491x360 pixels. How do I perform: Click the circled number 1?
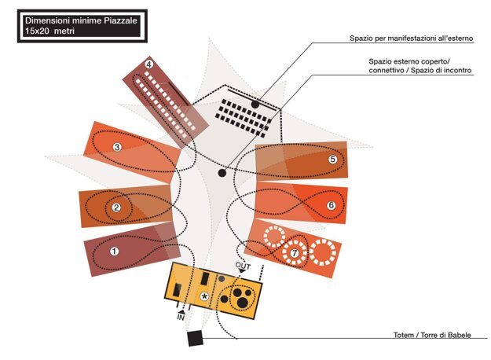click(x=114, y=252)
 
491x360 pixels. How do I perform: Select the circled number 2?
click(x=116, y=208)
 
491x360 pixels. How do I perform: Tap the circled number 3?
click(x=116, y=146)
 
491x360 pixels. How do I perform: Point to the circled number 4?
click(x=148, y=64)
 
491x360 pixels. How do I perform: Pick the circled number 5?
click(x=332, y=159)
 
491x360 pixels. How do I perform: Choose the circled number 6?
click(x=331, y=205)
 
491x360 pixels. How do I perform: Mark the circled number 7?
click(x=295, y=253)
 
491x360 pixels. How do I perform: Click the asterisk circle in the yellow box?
click(x=205, y=296)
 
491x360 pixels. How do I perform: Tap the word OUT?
click(x=243, y=266)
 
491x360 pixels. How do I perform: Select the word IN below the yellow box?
click(x=181, y=318)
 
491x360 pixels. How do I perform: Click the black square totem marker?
click(x=195, y=338)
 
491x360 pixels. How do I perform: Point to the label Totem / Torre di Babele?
click(x=432, y=336)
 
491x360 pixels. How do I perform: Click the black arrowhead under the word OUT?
click(x=242, y=273)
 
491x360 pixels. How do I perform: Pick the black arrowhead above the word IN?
click(x=181, y=310)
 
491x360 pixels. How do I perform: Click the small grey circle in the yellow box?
click(x=222, y=279)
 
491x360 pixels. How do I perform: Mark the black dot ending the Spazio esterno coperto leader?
click(x=222, y=171)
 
